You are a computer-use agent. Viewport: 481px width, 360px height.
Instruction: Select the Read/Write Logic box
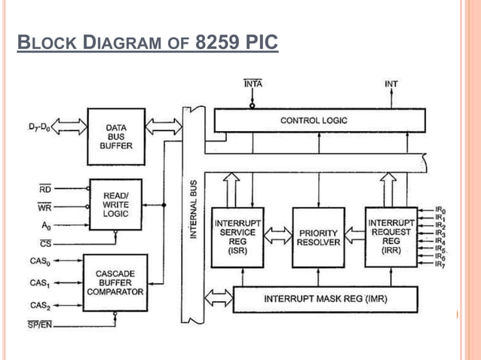pyautogui.click(x=116, y=204)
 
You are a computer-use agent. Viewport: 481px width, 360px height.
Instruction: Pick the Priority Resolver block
pyautogui.click(x=317, y=238)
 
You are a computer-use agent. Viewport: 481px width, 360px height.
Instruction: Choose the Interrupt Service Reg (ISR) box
pyautogui.click(x=237, y=236)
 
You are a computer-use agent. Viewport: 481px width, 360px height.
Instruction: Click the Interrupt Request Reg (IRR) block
pyautogui.click(x=391, y=236)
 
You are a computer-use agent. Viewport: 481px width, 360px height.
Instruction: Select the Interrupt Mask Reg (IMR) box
pyautogui.click(x=325, y=299)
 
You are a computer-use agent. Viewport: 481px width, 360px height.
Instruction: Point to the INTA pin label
pyautogui.click(x=253, y=84)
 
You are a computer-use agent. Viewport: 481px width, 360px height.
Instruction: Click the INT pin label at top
pyautogui.click(x=391, y=84)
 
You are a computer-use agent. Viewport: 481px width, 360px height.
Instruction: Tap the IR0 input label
pyautogui.click(x=440, y=210)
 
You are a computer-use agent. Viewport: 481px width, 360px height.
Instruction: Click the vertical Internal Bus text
pyautogui.click(x=194, y=209)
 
